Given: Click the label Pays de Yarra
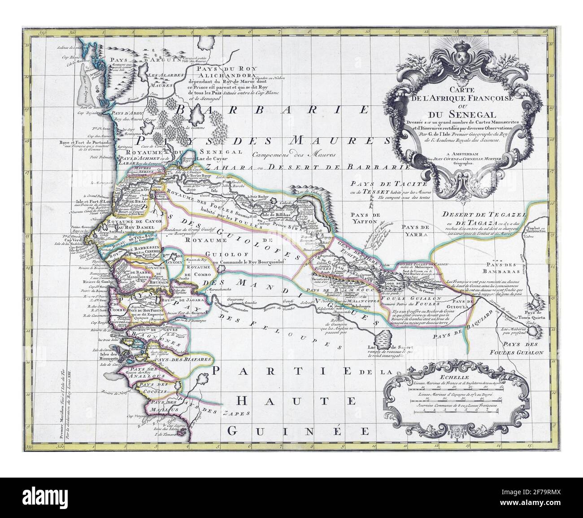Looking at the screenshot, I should (x=415, y=228).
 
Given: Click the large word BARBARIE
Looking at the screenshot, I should (x=272, y=110).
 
